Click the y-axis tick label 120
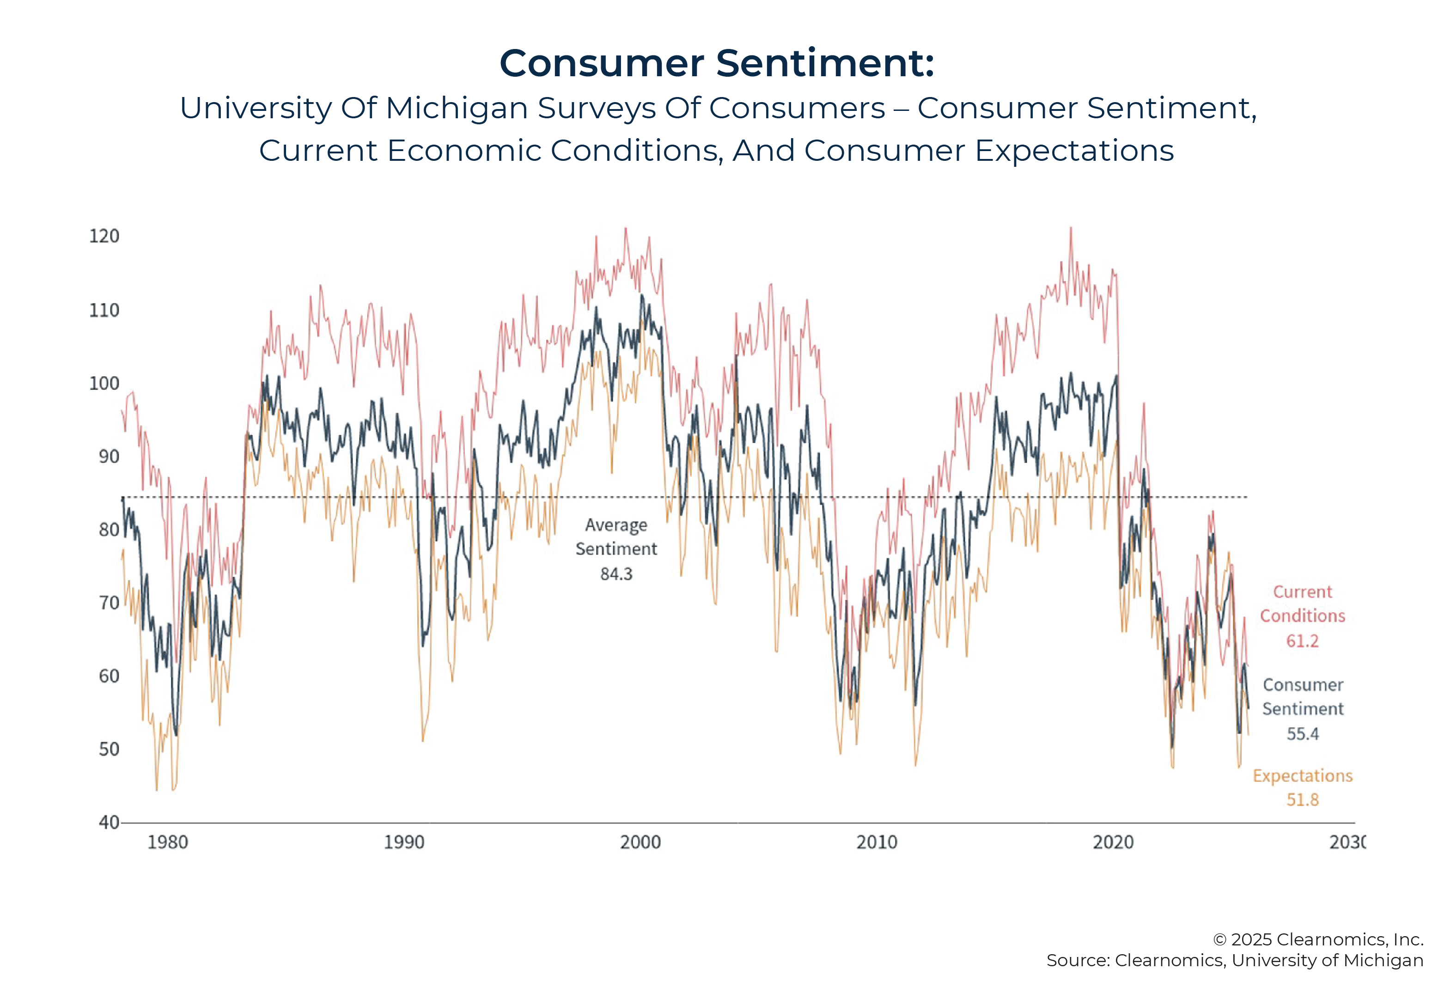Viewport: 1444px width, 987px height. tap(104, 236)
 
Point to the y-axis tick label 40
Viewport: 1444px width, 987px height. tap(109, 822)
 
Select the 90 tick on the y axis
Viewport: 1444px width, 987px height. tap(109, 457)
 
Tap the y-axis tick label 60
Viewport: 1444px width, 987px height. tap(109, 676)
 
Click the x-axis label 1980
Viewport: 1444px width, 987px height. tap(167, 842)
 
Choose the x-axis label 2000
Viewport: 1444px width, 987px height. tap(640, 842)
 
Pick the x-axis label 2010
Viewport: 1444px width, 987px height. tap(877, 842)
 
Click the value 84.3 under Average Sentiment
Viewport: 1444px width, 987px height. tap(616, 574)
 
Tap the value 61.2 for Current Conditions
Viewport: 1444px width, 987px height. tap(1302, 641)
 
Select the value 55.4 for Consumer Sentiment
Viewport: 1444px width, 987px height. tap(1302, 734)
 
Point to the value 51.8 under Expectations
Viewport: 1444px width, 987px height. tap(1302, 800)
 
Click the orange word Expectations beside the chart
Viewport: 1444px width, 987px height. tap(1302, 776)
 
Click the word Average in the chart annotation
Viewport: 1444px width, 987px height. tap(616, 525)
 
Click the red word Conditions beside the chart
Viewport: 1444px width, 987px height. tap(1302, 616)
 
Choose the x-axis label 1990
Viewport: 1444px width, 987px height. tap(404, 842)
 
